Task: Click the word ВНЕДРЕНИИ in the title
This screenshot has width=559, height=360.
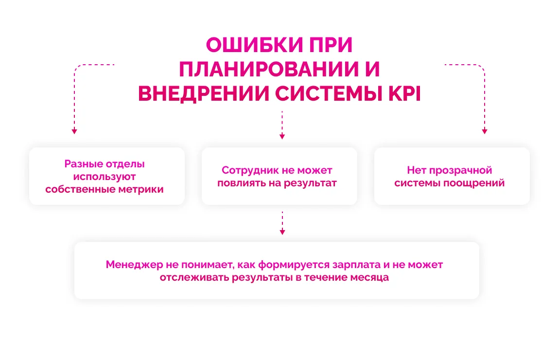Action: tap(204, 94)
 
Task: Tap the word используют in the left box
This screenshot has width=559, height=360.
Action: tap(105, 177)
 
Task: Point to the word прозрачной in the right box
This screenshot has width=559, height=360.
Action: tap(460, 171)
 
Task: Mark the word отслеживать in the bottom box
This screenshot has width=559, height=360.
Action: tap(194, 277)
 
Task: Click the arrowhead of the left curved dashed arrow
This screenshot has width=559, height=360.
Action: tap(74, 132)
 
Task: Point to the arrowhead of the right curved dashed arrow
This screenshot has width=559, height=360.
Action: tap(485, 132)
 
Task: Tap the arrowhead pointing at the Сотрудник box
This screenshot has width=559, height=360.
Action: tap(282, 137)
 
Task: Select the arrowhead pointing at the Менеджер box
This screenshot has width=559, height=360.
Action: tap(282, 232)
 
